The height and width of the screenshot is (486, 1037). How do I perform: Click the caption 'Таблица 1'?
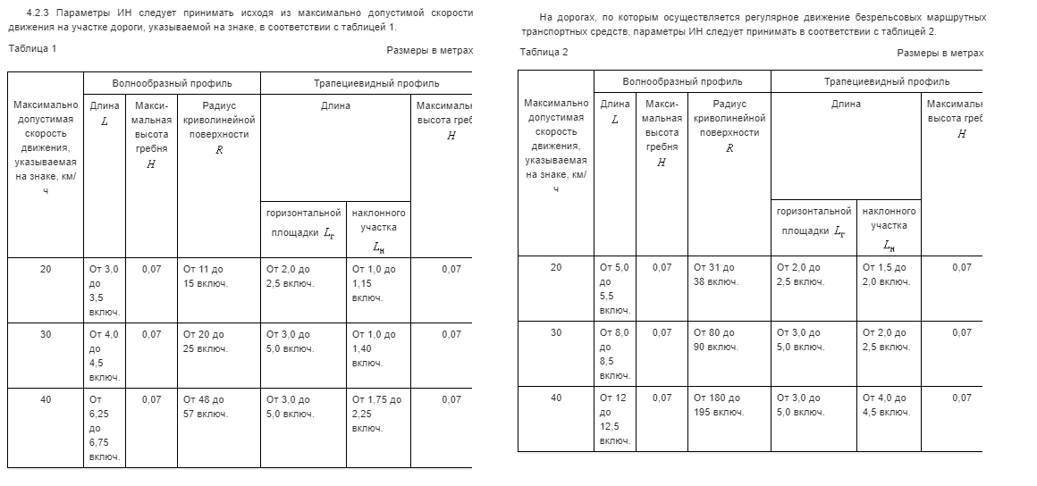point(32,48)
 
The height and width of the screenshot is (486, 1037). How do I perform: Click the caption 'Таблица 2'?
point(544,53)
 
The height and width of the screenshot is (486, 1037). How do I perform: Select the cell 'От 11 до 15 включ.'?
point(205,276)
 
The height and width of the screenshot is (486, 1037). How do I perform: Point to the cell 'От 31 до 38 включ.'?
point(715,274)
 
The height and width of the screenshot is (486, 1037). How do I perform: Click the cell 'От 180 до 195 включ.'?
point(718,405)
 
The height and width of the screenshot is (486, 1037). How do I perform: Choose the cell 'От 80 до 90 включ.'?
point(715,339)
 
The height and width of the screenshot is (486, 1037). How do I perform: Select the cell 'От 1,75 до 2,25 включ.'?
point(377,414)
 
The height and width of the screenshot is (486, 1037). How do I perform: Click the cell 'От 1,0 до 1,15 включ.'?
point(375,283)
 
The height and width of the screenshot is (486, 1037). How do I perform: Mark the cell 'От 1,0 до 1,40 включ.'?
point(375,348)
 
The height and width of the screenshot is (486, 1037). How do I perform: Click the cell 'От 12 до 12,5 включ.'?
point(615,419)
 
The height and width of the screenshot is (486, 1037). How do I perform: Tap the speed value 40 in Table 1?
point(46,399)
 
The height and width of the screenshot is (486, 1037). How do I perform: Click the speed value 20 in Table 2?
point(556,267)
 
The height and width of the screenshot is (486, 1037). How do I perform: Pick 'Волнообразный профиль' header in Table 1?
point(172,83)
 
